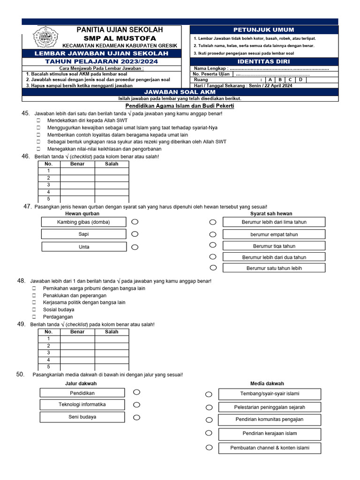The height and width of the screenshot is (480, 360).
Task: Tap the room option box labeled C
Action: click(x=290, y=80)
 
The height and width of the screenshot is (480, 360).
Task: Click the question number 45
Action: click(x=25, y=113)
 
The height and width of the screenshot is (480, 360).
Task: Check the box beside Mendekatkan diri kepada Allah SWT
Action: click(x=38, y=120)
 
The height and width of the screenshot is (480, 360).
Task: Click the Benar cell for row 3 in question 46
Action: click(x=77, y=185)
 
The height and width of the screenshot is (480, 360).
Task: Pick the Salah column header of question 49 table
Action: click(x=112, y=332)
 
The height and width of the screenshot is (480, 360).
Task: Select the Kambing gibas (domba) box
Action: click(x=83, y=222)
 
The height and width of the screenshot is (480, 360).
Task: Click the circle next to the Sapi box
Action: click(x=135, y=233)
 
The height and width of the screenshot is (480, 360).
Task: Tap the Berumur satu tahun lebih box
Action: click(x=274, y=268)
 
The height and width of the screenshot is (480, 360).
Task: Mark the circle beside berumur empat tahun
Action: click(x=213, y=234)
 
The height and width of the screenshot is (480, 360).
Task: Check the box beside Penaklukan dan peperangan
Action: click(x=34, y=296)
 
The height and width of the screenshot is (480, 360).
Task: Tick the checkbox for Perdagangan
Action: click(x=34, y=317)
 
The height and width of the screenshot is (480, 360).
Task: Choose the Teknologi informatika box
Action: click(x=82, y=405)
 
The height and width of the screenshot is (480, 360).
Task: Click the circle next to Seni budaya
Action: click(x=136, y=417)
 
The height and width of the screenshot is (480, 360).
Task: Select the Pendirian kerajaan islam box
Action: click(x=270, y=434)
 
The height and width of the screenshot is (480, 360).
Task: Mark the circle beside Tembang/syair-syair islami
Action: click(x=209, y=394)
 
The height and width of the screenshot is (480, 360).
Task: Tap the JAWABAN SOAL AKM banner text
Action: click(x=180, y=92)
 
